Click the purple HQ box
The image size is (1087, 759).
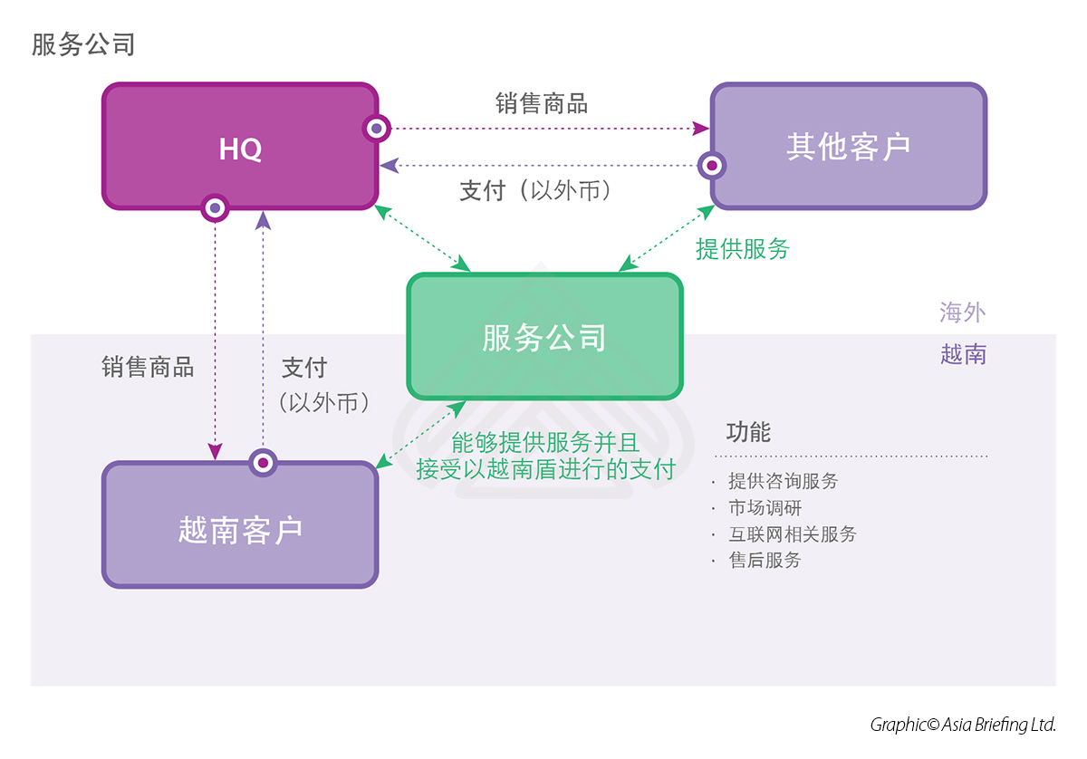click(x=240, y=148)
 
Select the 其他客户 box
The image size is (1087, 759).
click(x=848, y=147)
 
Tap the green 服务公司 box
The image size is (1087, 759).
click(x=543, y=338)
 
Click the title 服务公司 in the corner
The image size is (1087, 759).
click(x=83, y=44)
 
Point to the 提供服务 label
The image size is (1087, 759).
click(x=743, y=249)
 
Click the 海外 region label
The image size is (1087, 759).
click(x=962, y=313)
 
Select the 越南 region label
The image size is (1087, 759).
click(x=962, y=354)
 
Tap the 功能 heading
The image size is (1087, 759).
click(x=748, y=432)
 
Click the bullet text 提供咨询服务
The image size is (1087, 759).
click(x=783, y=482)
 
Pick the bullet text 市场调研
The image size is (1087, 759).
click(x=765, y=508)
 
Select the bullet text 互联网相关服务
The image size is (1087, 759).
click(x=792, y=534)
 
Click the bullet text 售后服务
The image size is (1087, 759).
click(x=765, y=561)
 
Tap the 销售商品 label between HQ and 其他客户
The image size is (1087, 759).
click(x=542, y=104)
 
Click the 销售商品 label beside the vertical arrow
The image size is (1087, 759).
click(x=148, y=367)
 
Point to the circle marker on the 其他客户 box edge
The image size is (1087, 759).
click(x=713, y=166)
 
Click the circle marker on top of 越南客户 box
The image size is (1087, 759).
click(x=263, y=462)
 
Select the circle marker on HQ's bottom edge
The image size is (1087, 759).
click(x=215, y=208)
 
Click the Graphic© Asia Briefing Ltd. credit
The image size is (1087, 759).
click(x=963, y=725)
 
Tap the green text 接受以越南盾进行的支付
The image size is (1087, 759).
click(x=545, y=469)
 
